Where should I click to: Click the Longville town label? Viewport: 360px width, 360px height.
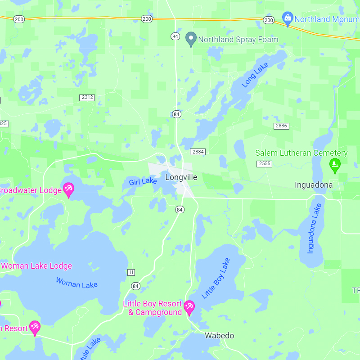(181, 177)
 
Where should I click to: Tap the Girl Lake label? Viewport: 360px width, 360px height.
(143, 182)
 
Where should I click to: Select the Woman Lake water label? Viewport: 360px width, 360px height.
(76, 283)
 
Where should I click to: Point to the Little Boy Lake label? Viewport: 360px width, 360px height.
(216, 278)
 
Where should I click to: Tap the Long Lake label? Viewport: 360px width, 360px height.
(255, 75)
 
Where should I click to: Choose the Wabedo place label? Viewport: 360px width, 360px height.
(219, 336)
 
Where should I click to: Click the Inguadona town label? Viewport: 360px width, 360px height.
(314, 185)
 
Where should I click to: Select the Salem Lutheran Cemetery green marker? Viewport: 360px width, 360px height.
(334, 165)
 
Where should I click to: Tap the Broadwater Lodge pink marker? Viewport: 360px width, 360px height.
(68, 189)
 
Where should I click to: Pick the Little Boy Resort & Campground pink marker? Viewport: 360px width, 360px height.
(189, 307)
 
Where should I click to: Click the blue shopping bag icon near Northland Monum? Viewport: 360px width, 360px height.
(287, 18)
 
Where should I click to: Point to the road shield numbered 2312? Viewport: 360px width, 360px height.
(87, 98)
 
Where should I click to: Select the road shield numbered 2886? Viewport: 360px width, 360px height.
(281, 126)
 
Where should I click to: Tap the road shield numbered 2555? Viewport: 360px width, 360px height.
(264, 163)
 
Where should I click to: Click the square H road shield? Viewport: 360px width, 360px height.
(131, 272)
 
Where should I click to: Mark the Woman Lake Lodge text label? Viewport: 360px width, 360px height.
(36, 266)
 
